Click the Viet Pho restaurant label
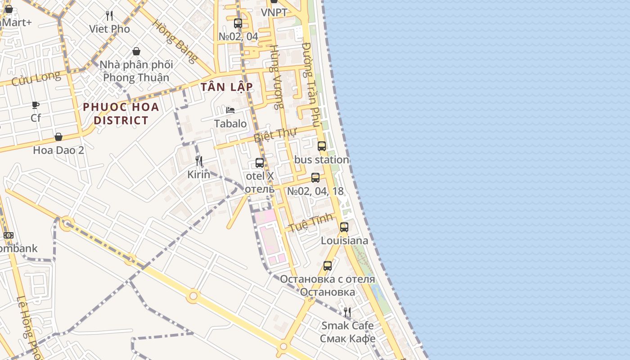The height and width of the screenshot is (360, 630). coord(109,29)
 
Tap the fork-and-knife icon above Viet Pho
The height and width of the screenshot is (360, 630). coord(109,16)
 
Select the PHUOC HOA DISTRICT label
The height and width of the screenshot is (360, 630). coord(121,113)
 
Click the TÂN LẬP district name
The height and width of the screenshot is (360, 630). coord(227,87)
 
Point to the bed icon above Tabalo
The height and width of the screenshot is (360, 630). coord(230,110)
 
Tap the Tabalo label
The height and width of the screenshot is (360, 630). coord(230,123)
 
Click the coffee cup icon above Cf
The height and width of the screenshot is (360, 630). coord(36,105)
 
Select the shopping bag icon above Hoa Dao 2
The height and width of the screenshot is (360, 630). coord(58,137)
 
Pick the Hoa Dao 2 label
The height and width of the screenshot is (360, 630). coord(58,150)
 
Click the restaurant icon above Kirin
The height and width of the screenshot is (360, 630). coord(198,161)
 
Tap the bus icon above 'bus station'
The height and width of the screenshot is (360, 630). coord(321,146)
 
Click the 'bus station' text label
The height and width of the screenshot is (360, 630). coord(321,160)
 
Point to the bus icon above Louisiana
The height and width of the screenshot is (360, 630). coord(344,227)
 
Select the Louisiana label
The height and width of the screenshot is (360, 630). coord(344,241)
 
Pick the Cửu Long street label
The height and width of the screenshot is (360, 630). coord(36,79)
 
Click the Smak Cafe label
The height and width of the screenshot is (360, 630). coord(347,325)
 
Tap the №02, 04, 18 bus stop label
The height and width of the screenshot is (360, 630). coord(315,191)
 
